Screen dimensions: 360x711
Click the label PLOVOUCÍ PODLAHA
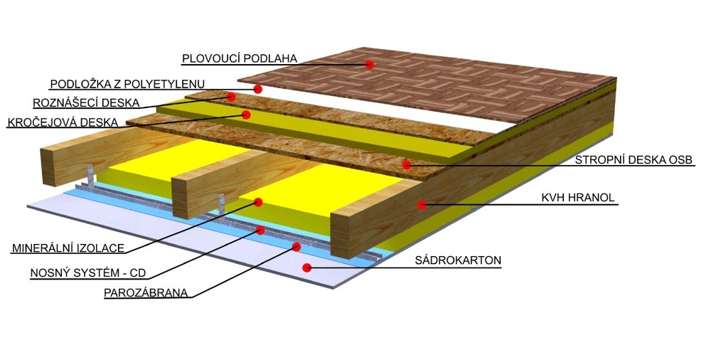click(239, 58)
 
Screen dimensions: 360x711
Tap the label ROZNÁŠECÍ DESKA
click(86, 102)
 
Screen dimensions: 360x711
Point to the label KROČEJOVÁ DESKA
click(63, 122)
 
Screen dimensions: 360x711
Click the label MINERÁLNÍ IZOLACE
click(68, 248)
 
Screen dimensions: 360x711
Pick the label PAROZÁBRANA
click(146, 292)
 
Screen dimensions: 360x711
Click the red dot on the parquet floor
click(370, 65)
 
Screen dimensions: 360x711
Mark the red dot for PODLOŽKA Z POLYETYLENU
click(258, 89)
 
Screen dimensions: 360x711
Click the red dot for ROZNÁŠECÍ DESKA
click(232, 97)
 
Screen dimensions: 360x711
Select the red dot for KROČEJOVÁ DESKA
click(247, 114)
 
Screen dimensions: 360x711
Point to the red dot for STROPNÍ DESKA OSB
click(407, 165)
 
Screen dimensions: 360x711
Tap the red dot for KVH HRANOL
click(422, 204)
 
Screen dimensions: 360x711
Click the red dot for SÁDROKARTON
click(307, 268)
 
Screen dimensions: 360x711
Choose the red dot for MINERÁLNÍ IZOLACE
click(258, 203)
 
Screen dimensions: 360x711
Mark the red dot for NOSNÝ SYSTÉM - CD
click(261, 231)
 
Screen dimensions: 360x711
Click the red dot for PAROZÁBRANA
click(296, 247)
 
